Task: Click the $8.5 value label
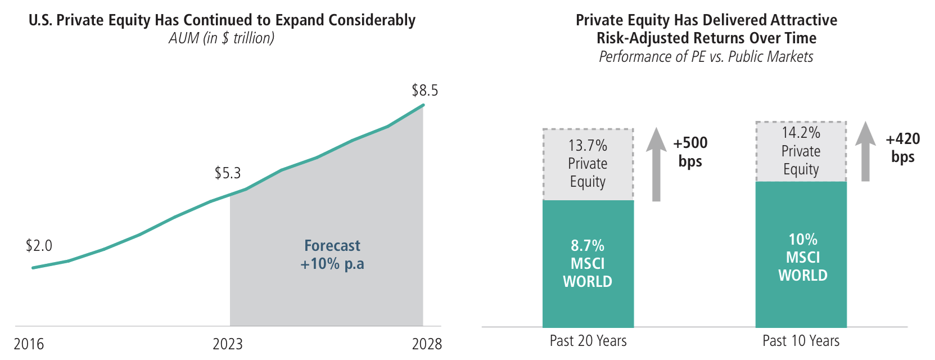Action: click(x=424, y=91)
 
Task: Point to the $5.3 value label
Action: click(x=228, y=173)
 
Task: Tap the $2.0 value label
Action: click(x=39, y=246)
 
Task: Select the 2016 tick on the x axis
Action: click(x=29, y=344)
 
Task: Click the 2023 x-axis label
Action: click(x=228, y=344)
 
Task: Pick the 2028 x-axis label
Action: click(x=427, y=344)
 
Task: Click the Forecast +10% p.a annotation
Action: click(x=332, y=255)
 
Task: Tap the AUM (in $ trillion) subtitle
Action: click(x=222, y=38)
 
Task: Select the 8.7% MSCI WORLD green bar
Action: click(x=588, y=264)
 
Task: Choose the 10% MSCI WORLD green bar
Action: click(x=801, y=254)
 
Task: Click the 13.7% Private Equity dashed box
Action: click(x=588, y=164)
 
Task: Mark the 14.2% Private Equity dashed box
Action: click(x=801, y=151)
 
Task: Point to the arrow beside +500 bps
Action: click(x=656, y=164)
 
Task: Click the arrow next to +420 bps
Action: click(x=865, y=151)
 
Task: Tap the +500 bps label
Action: click(x=690, y=152)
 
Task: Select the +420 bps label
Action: click(x=903, y=148)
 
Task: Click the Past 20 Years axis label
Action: click(x=588, y=341)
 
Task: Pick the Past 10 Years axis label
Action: click(x=801, y=341)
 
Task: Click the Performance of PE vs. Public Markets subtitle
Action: click(x=706, y=57)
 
